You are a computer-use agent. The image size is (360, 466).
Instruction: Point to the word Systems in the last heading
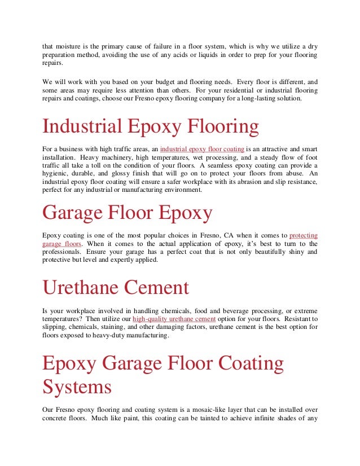click(x=77, y=387)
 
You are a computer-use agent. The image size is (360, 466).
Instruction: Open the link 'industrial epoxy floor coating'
click(x=203, y=148)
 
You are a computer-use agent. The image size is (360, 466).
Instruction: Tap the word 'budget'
click(x=165, y=81)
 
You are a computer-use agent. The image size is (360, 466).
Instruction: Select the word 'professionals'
click(x=63, y=252)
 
